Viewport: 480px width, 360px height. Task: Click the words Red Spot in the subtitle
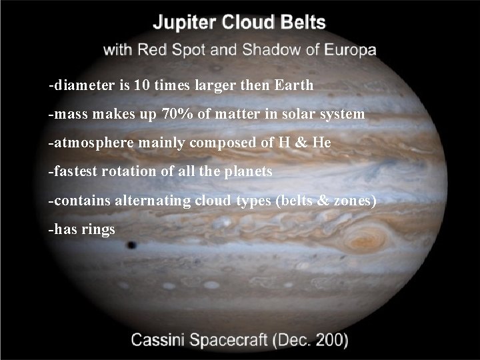point(171,50)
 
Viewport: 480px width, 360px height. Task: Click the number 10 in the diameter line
point(141,86)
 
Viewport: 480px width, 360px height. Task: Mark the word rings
point(98,229)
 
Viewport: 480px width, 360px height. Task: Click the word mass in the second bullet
point(69,115)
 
